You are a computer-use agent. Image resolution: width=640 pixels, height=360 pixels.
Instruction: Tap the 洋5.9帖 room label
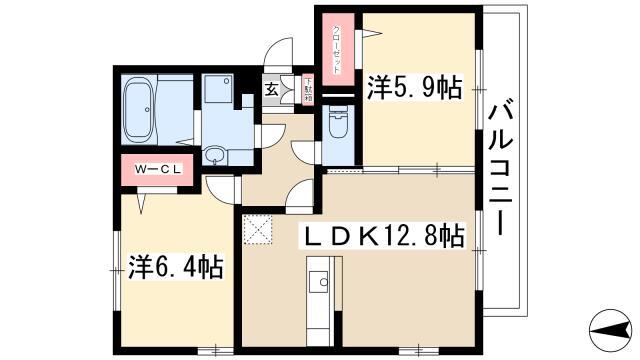point(415,87)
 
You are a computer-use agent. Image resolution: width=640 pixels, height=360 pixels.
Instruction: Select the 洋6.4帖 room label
point(176,267)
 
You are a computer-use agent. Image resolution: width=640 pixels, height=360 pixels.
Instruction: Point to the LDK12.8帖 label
point(383,236)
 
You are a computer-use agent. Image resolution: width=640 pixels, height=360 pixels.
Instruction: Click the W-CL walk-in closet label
point(158,169)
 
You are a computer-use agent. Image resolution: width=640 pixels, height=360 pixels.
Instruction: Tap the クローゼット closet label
point(337,49)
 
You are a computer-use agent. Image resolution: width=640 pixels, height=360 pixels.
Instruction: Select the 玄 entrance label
point(271,89)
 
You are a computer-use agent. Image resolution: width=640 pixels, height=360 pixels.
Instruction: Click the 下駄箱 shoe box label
point(308,89)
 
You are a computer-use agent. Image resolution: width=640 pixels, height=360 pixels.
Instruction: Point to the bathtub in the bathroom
point(139,109)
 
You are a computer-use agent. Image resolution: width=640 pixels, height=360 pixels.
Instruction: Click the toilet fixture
point(338,122)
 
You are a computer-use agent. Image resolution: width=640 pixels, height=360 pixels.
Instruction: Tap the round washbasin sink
point(214,156)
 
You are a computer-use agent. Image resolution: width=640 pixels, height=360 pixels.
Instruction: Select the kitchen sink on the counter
point(319,281)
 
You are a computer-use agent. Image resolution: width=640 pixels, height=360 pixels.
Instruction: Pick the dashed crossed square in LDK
point(258,230)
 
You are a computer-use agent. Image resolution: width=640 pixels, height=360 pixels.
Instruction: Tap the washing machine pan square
point(218,88)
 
